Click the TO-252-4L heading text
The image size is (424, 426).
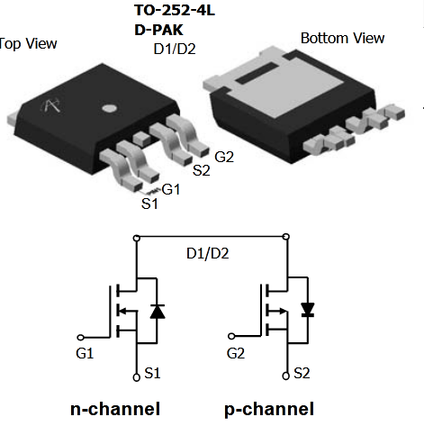pos(175,11)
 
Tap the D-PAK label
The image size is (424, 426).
pos(158,30)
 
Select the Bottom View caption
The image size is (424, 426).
pos(342,38)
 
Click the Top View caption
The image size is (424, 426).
pos(28,44)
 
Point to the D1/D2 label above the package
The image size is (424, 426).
pos(175,49)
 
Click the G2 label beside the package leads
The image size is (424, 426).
pos(224,157)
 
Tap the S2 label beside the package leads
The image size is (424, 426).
pos(201,170)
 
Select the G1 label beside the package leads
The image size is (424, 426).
pos(171,189)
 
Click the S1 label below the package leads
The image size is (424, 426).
pos(149,204)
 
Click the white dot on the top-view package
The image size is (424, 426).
pos(109,108)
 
